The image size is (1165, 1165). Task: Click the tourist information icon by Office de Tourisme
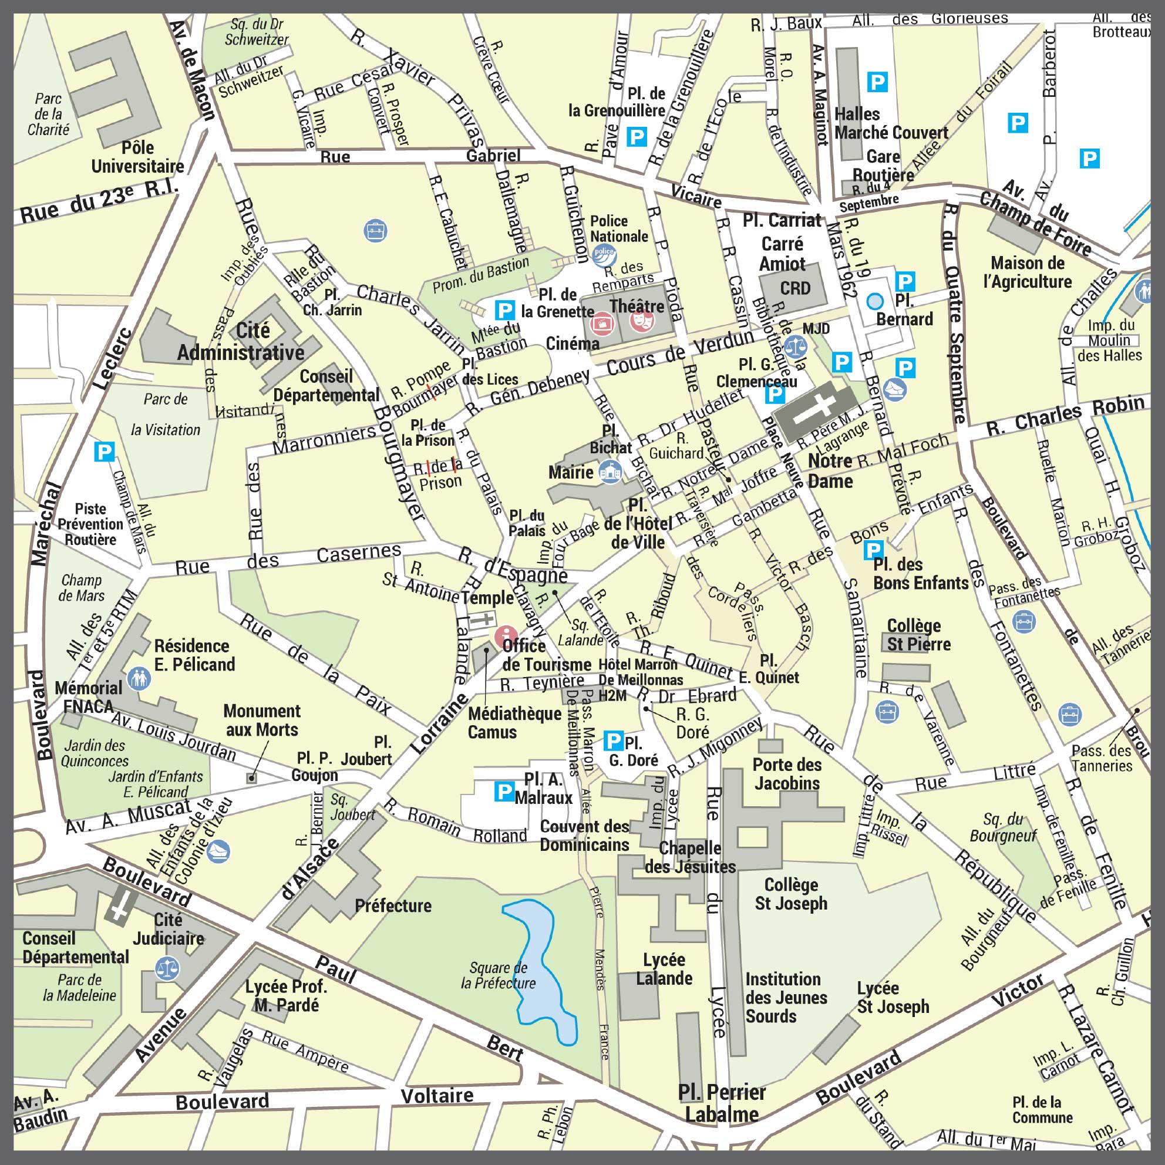(506, 635)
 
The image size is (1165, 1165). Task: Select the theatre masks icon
(641, 321)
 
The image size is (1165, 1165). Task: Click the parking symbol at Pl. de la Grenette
(504, 310)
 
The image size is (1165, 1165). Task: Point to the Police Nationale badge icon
(604, 254)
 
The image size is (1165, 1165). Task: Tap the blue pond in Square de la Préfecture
(541, 971)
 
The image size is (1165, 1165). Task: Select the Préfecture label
(393, 905)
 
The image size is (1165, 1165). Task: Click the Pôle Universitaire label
(137, 157)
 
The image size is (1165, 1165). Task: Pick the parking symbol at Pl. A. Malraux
(504, 790)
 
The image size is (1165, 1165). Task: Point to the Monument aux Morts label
(262, 720)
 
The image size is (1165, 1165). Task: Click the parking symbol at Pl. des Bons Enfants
(873, 550)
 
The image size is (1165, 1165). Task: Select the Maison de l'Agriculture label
(1027, 272)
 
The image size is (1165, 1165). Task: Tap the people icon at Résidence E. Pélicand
(139, 678)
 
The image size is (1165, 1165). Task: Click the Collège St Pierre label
(918, 635)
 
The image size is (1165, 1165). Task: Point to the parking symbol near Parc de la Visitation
(105, 451)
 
